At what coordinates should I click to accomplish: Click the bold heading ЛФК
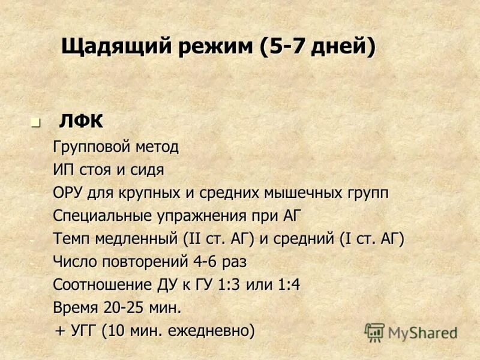click(x=81, y=121)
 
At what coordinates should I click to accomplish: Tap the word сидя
click(x=147, y=170)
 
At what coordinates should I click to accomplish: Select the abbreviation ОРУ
click(x=68, y=193)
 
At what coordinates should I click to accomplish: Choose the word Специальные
click(x=97, y=216)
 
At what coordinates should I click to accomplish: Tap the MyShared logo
click(x=410, y=332)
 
